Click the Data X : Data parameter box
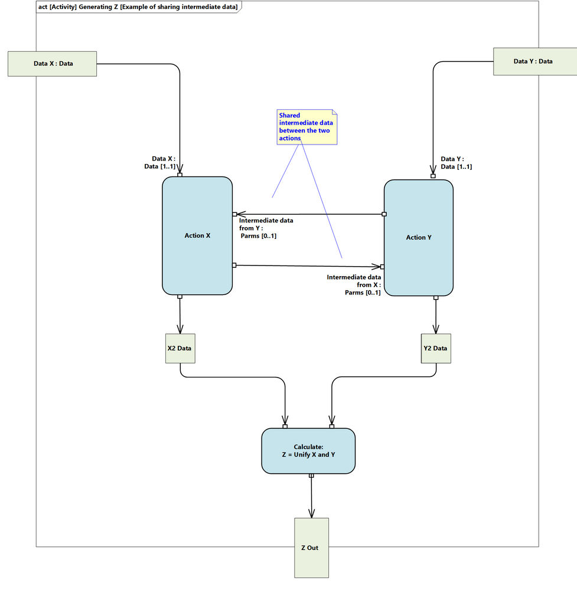coord(52,63)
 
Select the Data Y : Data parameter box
coord(533,61)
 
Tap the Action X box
coord(197,235)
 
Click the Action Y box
coord(419,237)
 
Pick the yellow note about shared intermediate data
coord(307,127)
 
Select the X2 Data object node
coord(180,348)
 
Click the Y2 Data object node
coord(435,348)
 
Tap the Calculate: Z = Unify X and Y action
coord(308,451)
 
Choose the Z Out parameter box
coord(311,548)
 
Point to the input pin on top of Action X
coord(180,175)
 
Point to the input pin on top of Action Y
coord(433,176)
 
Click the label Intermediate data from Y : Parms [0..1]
coord(265,228)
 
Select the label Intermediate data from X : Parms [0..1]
coord(354,284)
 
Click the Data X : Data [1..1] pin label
coord(164,162)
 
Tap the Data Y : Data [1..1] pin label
coord(456,163)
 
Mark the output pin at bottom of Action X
coord(180,297)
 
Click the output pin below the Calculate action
coord(311,476)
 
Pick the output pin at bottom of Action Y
coord(436,298)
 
